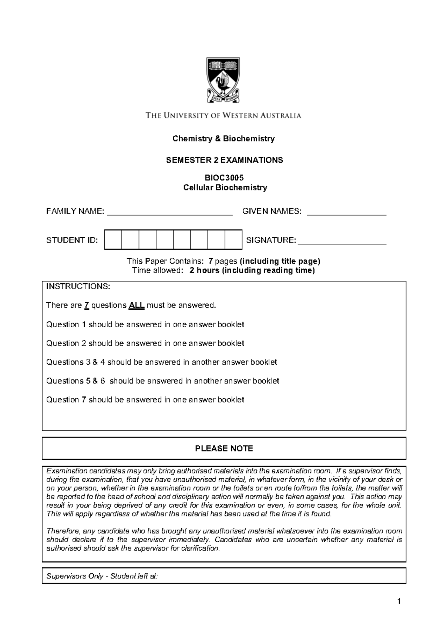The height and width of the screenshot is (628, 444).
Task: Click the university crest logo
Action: coord(223,80)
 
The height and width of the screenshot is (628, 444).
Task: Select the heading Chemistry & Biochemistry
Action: coord(223,139)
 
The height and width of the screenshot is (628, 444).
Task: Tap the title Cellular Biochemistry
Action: coord(225,188)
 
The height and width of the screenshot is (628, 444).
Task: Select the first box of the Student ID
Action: coord(113,240)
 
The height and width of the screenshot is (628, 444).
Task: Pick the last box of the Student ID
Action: coord(233,240)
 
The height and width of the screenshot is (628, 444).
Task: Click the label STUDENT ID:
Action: coord(72,240)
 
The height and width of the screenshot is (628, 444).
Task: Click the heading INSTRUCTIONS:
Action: coord(78,287)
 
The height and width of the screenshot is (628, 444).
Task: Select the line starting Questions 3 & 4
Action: coord(161,362)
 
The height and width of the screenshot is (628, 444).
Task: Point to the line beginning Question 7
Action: coord(145,400)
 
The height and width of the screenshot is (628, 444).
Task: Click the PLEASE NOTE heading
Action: coord(224,449)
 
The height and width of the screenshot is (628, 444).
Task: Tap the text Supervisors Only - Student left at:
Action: coord(102,576)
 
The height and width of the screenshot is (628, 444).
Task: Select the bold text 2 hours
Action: coord(205,271)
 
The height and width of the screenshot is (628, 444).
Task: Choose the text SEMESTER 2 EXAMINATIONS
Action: coord(224,160)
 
